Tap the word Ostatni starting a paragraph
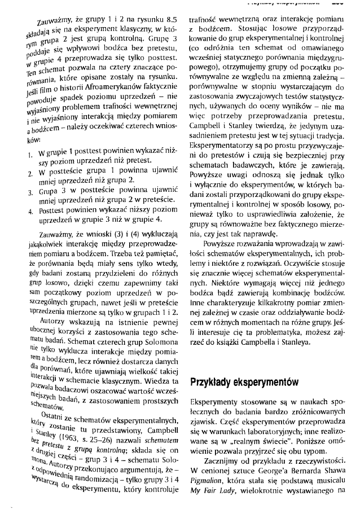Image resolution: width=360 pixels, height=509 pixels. point(45,415)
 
